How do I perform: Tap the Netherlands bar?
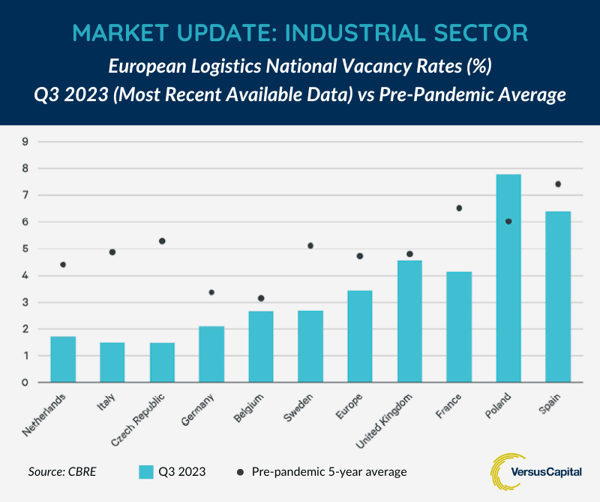coord(63,359)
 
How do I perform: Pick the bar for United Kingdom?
coord(409,321)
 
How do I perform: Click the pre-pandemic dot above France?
coord(459,208)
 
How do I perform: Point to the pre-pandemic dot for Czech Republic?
coord(162,241)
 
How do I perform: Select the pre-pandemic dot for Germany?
coord(211,292)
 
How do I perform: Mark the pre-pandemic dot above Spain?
coord(557,184)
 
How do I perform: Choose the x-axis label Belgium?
coord(251,409)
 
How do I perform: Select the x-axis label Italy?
coord(109,403)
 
